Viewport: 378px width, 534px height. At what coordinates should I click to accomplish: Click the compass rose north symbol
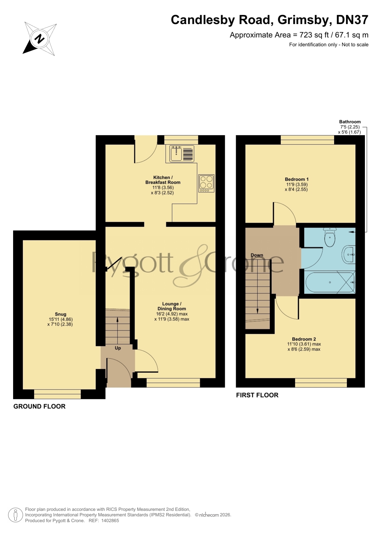40,39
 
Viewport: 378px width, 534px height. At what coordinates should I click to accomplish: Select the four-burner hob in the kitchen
206,183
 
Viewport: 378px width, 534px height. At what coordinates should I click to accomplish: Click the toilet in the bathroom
330,237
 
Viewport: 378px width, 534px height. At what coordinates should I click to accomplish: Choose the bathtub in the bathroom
330,282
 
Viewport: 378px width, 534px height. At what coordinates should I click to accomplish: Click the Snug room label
60,314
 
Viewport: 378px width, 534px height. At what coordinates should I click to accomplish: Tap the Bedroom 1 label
297,179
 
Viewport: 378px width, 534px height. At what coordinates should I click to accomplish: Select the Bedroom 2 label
304,339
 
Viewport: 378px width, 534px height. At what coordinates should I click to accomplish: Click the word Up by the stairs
118,348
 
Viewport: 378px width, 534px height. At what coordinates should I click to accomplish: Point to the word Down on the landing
257,255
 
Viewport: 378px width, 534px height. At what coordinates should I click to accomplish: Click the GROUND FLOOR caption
39,407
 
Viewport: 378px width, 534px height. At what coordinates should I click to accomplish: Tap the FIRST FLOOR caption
257,395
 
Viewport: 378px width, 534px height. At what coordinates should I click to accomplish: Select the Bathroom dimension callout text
350,127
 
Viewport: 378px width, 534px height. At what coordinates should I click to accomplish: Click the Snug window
57,394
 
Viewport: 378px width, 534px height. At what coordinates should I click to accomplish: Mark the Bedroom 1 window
307,140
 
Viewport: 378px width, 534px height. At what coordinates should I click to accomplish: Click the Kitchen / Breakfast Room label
163,180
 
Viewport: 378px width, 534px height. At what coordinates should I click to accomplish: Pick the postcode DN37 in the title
352,20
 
